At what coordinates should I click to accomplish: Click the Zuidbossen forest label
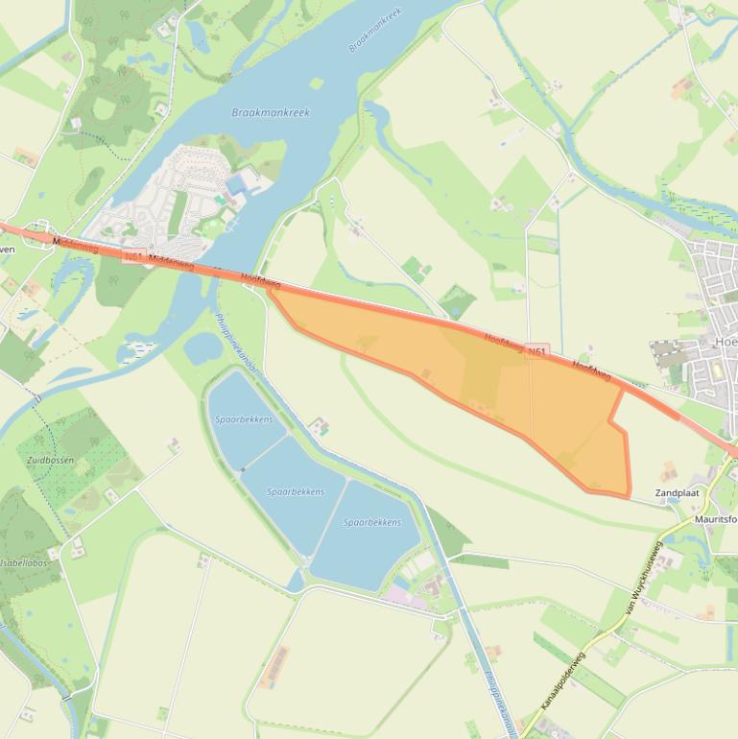(x=49, y=461)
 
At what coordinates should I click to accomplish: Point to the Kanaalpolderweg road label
(x=563, y=681)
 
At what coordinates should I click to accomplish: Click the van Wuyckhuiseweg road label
(x=644, y=580)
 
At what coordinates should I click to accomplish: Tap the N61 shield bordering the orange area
(x=536, y=352)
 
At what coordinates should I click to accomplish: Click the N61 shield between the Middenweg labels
(x=134, y=256)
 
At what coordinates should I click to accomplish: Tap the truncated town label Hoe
(x=726, y=342)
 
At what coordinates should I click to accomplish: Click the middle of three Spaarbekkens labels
(x=295, y=491)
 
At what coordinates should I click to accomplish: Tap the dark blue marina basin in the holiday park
(x=236, y=184)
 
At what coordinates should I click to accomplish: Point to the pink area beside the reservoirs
(x=404, y=595)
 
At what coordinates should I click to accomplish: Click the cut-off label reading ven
(x=7, y=249)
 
